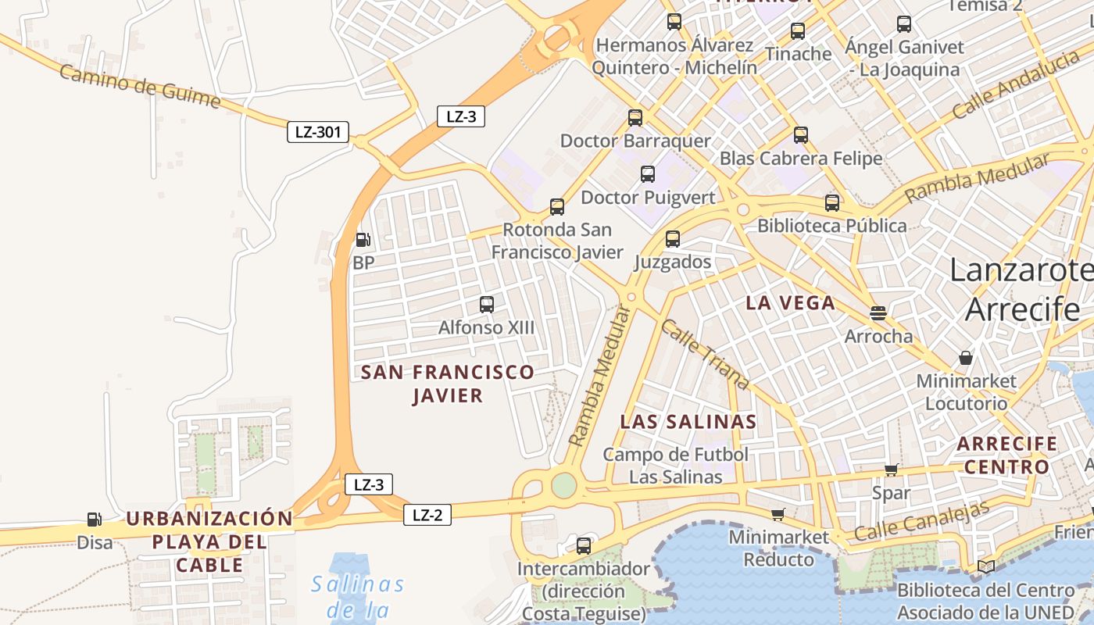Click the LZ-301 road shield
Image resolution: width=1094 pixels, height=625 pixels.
317,132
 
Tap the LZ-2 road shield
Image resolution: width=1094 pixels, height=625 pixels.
427,515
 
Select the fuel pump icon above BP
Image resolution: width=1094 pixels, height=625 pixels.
363,240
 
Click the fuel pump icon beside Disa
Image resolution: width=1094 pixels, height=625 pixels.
94,520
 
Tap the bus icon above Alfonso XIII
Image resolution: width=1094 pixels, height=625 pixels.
487,305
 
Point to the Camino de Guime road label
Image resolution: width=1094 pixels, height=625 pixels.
139,87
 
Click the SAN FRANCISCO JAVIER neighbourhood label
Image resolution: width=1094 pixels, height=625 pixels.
448,384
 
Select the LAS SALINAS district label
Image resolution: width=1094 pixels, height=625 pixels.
688,422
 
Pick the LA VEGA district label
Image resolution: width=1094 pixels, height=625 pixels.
790,303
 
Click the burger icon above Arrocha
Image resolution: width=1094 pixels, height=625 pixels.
878,313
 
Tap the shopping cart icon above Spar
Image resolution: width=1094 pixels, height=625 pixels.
891,470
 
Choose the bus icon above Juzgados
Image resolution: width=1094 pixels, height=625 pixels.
673,239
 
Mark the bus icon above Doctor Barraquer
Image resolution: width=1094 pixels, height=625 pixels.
635,118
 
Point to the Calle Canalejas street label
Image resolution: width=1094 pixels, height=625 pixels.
922,520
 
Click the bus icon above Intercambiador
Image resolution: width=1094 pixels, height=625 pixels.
584,546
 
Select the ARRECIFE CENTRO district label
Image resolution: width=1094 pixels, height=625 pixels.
1007,455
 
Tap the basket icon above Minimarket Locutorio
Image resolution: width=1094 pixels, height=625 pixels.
966,359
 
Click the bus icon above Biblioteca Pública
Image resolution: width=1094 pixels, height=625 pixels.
832,203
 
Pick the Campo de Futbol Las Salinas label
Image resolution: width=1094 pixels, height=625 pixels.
676,465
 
